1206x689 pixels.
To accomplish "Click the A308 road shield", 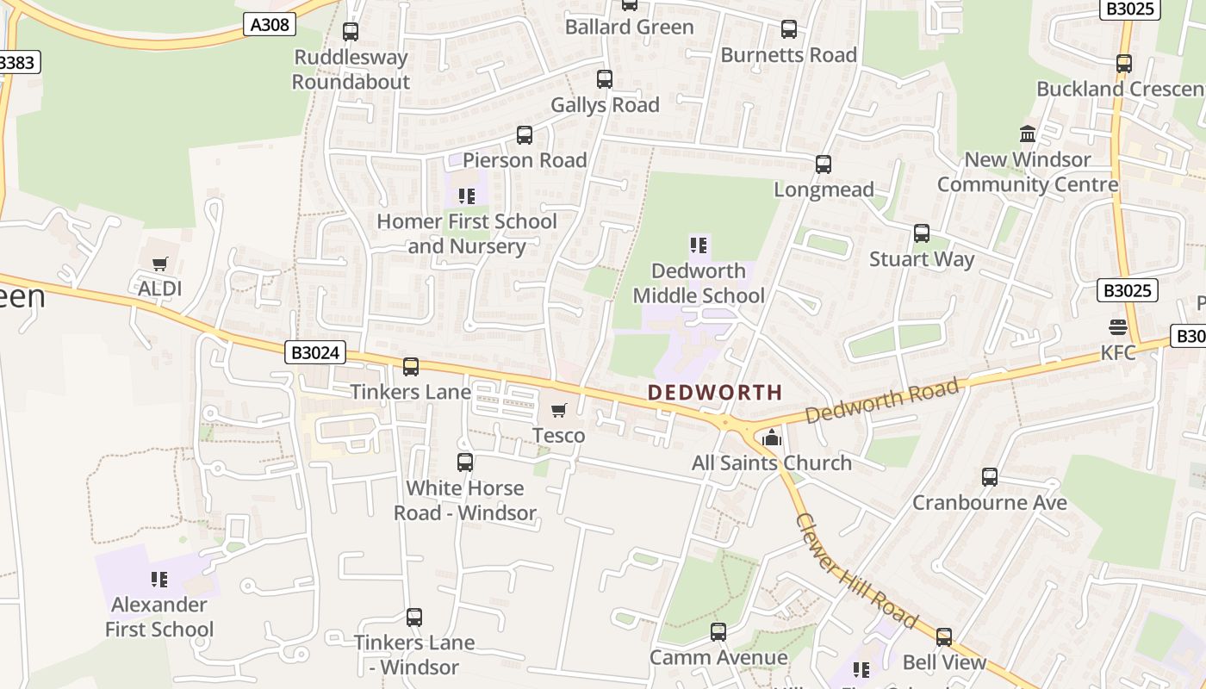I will point(270,25).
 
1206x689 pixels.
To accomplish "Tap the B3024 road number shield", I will point(316,352).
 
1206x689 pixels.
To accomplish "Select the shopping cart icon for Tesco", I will point(559,411).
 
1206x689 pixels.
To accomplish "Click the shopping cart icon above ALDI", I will point(159,264).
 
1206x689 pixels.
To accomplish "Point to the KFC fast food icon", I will point(1118,327).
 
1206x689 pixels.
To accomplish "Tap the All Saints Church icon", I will point(771,438).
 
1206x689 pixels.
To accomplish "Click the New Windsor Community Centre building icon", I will point(1028,134).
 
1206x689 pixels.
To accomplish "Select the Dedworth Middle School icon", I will point(699,246).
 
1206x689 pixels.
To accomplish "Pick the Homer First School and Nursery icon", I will point(467,196).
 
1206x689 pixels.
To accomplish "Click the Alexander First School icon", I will point(159,580).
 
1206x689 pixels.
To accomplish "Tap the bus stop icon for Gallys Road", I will point(605,79).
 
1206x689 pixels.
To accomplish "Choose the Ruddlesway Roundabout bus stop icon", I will point(351,32).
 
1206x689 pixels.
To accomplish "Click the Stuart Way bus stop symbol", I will point(922,233).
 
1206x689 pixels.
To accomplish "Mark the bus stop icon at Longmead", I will point(824,164).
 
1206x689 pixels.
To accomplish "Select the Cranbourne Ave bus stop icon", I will point(990,477).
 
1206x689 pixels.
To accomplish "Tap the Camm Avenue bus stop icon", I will point(718,632).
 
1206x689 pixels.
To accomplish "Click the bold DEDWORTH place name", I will point(715,393).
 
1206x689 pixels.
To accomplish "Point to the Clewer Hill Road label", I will point(856,571).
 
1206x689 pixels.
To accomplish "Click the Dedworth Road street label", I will point(882,401).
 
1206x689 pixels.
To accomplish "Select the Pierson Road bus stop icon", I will point(525,135).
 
